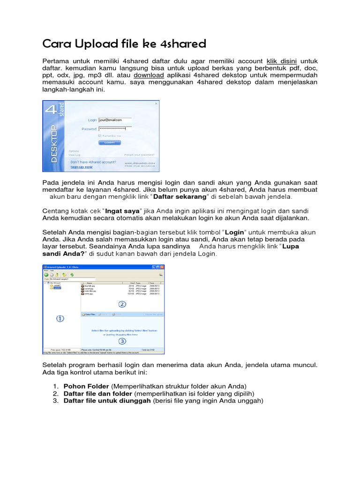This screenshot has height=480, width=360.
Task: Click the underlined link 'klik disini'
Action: (283, 61)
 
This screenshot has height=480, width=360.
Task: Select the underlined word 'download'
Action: (149, 75)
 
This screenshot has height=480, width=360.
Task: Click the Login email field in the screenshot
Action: (115, 120)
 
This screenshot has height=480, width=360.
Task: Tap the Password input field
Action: (115, 128)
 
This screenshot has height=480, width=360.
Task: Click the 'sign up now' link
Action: (81, 166)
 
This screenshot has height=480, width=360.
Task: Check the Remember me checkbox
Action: (99, 135)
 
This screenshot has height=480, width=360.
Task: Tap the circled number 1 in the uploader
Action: (60, 318)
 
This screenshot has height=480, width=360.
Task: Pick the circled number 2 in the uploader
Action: (122, 304)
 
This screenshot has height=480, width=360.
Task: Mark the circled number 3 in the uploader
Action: (122, 341)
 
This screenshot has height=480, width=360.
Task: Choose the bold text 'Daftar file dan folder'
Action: (98, 393)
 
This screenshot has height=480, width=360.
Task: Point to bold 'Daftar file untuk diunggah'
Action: (107, 401)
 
